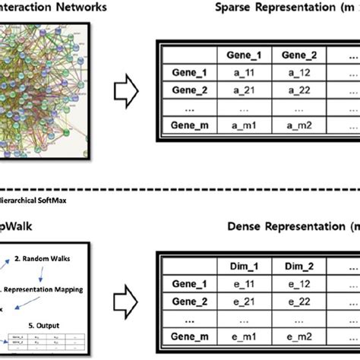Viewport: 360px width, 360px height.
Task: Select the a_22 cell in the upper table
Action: click(x=298, y=89)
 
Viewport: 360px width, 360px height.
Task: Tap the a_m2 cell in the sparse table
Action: click(x=298, y=124)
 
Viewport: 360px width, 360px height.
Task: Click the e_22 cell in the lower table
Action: click(x=298, y=302)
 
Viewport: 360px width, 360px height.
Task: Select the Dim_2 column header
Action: click(x=298, y=267)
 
